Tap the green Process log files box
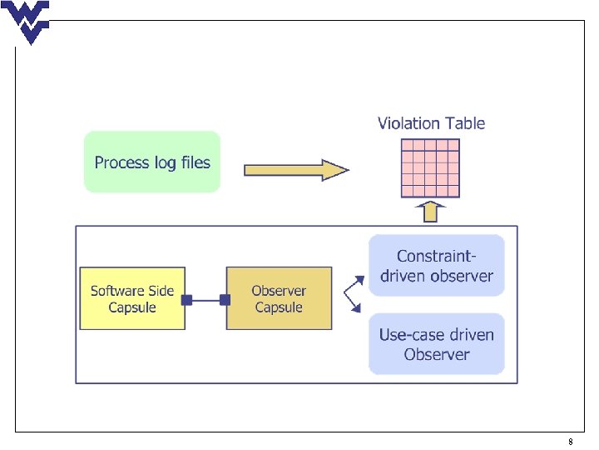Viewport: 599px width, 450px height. tap(152, 162)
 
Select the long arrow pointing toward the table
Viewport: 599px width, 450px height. tap(296, 170)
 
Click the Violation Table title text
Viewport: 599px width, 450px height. tap(431, 123)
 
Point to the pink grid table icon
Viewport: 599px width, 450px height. tap(430, 168)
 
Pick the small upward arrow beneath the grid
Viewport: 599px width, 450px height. tap(431, 212)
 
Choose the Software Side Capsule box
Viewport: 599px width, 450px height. tap(132, 298)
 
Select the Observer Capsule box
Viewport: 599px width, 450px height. tap(279, 298)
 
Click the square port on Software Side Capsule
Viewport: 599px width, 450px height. tap(187, 300)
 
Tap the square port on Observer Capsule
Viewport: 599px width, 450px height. tap(225, 300)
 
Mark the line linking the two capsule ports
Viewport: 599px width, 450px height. tap(206, 300)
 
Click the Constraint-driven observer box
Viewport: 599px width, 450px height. tap(437, 266)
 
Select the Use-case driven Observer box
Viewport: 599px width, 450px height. tap(437, 344)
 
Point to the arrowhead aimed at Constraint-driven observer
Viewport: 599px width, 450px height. tap(359, 281)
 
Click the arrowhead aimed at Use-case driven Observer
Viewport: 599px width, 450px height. tap(356, 307)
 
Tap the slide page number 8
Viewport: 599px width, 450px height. tap(571, 442)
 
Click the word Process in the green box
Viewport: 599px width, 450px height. tap(121, 162)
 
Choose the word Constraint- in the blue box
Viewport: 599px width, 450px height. tap(437, 256)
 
